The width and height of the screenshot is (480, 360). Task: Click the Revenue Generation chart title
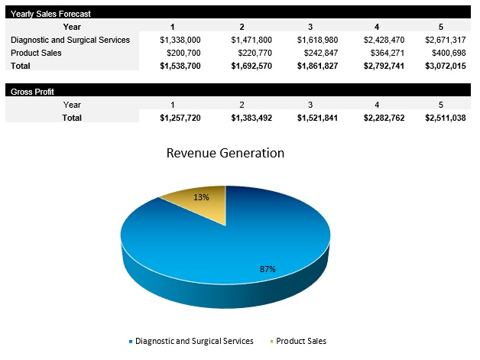225,153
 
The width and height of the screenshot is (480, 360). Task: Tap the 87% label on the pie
267,269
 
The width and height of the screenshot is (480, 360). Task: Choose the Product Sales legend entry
300,341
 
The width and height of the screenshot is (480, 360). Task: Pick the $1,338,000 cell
180,40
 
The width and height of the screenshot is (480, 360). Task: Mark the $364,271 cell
382,54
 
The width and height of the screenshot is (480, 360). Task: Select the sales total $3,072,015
445,66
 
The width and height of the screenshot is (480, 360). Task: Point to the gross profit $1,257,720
180,118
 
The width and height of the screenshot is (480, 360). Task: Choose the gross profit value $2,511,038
445,118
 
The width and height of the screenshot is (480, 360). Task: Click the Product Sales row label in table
36,54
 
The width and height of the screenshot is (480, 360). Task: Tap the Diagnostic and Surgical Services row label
70,40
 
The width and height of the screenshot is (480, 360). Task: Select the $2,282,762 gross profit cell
380,118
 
